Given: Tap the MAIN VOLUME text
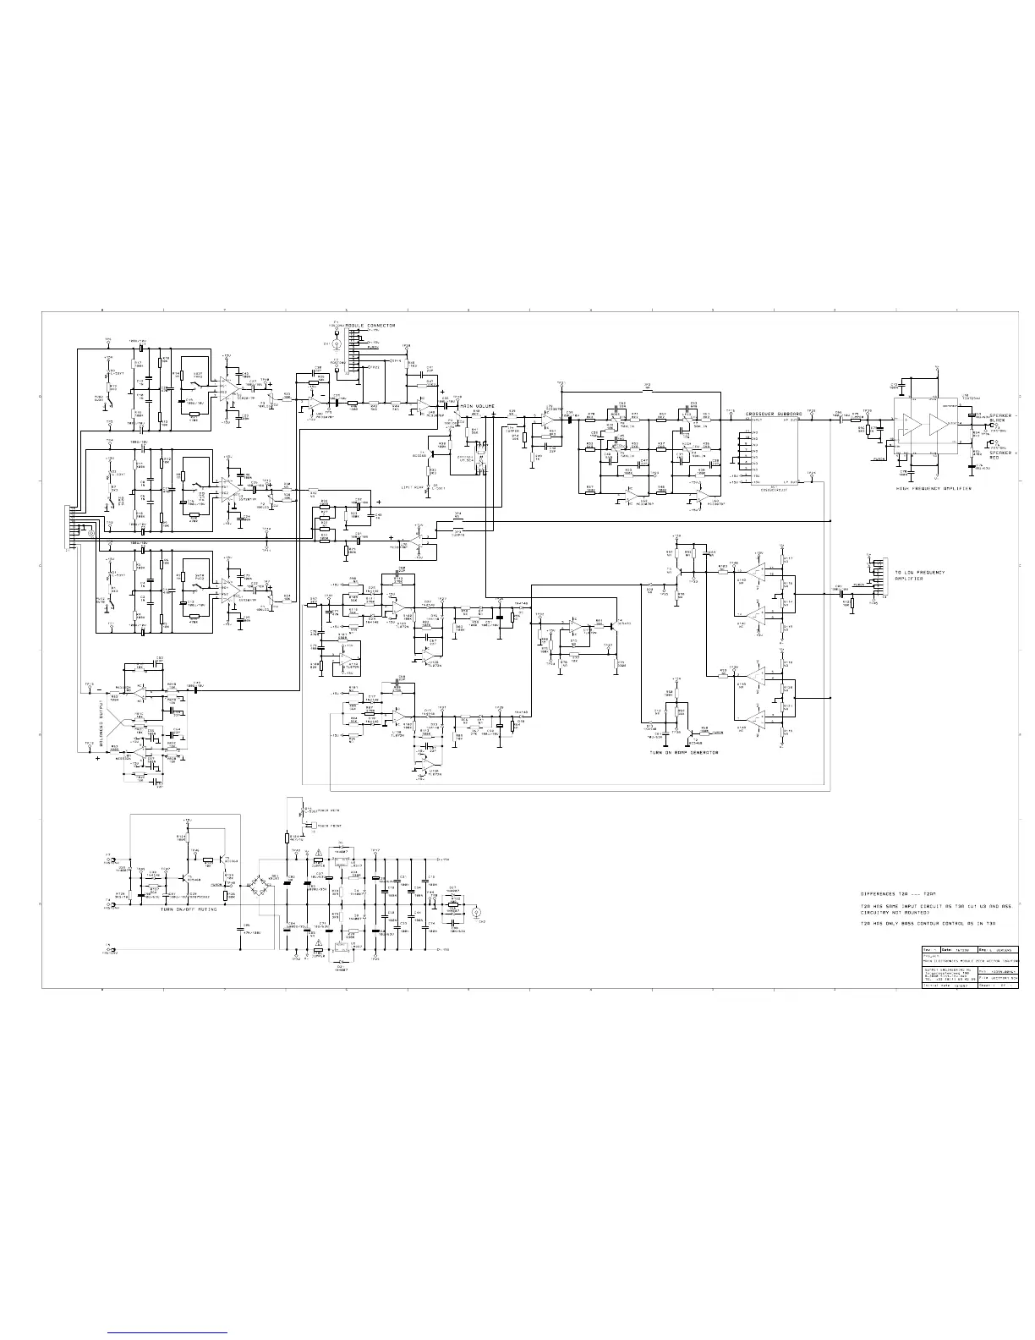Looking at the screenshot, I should point(477,406).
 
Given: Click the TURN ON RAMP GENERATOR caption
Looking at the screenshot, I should point(684,752).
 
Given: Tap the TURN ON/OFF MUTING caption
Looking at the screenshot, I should point(188,909).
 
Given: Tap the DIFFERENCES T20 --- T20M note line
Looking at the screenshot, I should point(899,894).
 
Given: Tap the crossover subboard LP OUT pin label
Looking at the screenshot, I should point(791,481).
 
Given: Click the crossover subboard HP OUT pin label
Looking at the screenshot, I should point(791,420).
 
